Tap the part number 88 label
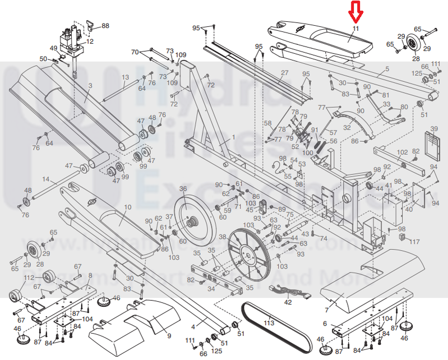point(105,26)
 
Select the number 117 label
point(414,242)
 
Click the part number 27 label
point(284,73)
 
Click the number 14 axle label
point(46,180)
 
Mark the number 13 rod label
point(125,77)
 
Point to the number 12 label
point(90,41)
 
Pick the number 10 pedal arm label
point(127,207)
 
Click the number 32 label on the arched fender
point(347,127)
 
